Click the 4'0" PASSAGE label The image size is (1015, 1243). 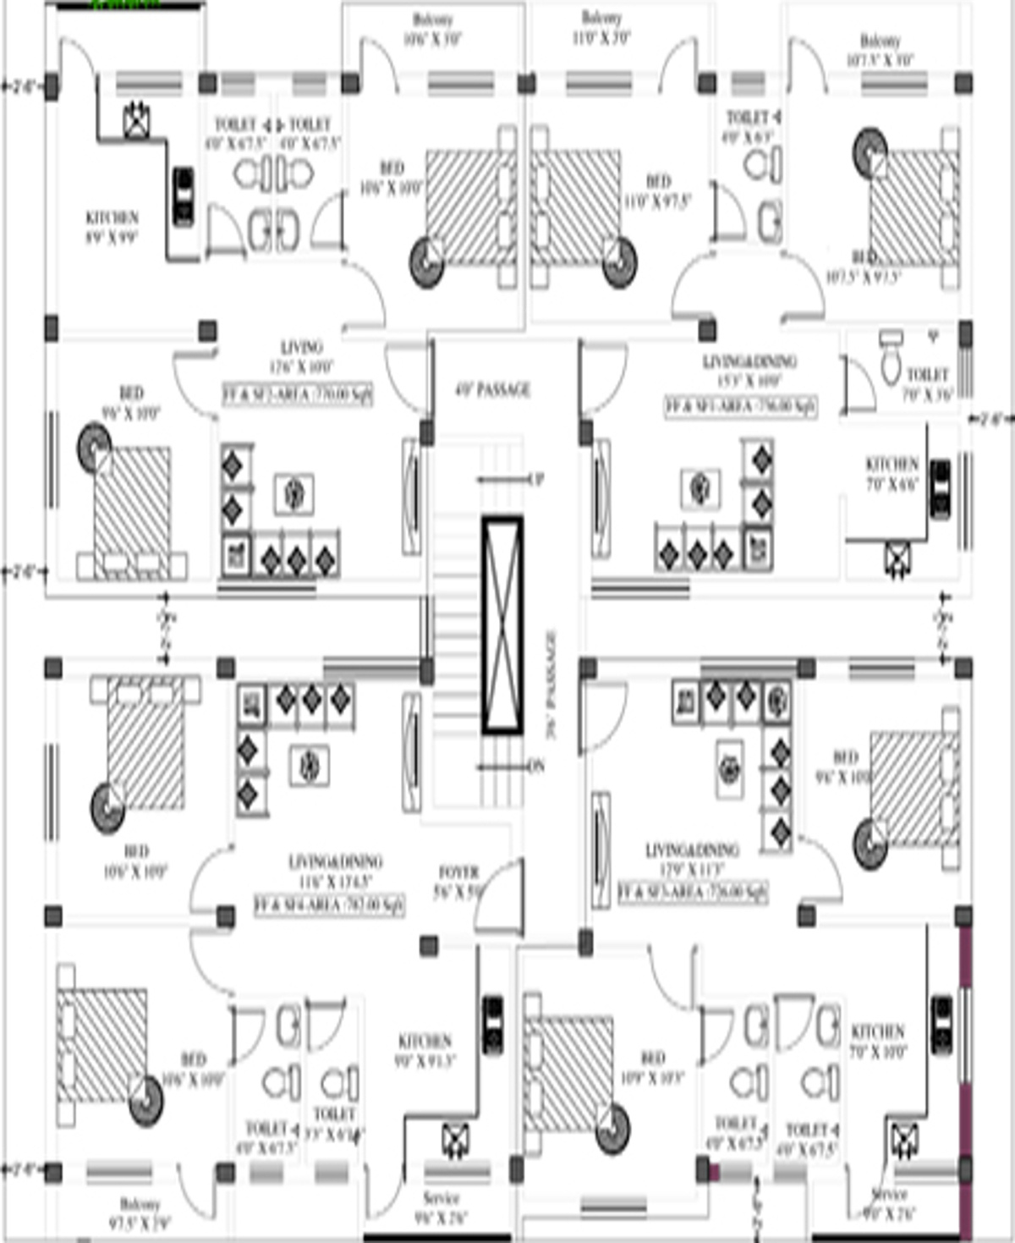[x=492, y=390]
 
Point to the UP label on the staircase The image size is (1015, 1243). [x=535, y=480]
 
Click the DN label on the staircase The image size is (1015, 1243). [x=535, y=767]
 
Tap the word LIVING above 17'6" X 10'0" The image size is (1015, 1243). [x=302, y=347]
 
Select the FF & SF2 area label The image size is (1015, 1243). [x=297, y=394]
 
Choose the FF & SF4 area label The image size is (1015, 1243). [x=329, y=905]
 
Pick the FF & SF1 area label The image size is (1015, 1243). [x=741, y=406]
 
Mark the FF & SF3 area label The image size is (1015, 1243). [x=693, y=892]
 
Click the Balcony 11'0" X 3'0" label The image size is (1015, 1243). [x=601, y=28]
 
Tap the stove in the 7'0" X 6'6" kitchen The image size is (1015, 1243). [x=940, y=488]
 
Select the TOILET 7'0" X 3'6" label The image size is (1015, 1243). [x=928, y=383]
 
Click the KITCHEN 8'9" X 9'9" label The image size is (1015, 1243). [x=112, y=227]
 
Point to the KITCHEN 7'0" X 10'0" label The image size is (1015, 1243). [x=878, y=1041]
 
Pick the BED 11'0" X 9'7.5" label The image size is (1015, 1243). [x=658, y=191]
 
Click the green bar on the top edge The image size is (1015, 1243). [x=124, y=4]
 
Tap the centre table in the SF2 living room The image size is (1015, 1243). [x=294, y=493]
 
